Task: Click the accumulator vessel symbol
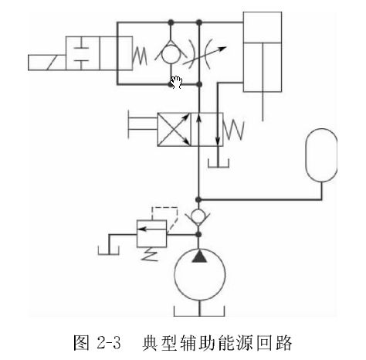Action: pos(321,155)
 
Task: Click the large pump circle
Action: pos(200,275)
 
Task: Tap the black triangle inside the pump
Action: pos(199,256)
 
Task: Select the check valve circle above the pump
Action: pos(198,216)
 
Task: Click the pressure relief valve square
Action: pos(151,234)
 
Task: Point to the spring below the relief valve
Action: pos(150,254)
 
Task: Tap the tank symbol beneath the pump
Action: pos(199,311)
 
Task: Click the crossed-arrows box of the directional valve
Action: pos(174,130)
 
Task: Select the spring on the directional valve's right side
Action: pos(233,131)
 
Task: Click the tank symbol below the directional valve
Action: pos(219,163)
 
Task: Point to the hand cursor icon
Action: pos(177,82)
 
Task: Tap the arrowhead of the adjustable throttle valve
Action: pos(222,49)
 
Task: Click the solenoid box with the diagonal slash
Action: pos(47,63)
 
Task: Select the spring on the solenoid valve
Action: pos(140,56)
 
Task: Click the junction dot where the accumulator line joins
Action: pos(198,199)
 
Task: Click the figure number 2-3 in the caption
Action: pos(109,342)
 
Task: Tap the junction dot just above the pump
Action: pos(198,235)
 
